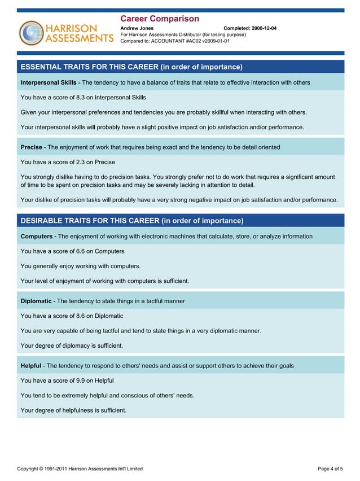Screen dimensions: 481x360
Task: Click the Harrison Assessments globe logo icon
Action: pos(31,33)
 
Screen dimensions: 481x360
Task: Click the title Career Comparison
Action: pos(160,19)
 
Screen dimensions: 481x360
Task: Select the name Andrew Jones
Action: pos(137,28)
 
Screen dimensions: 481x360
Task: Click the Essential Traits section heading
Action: pos(131,67)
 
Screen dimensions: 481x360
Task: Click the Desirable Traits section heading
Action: pos(131,221)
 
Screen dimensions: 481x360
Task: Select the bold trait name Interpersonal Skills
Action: pos(49,82)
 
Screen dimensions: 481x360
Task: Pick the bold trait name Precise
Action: pos(32,147)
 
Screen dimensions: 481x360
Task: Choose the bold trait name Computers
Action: pos(37,237)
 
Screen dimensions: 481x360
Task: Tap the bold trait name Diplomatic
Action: pos(36,301)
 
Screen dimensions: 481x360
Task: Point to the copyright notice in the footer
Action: pos(80,469)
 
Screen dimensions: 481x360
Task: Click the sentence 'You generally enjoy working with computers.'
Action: pos(81,266)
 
